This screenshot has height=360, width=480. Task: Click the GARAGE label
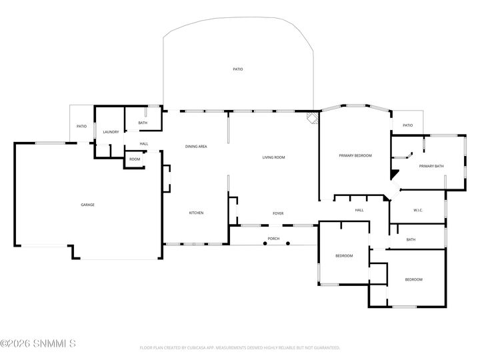87,205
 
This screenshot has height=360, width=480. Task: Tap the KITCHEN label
196,213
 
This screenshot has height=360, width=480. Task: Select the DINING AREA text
196,146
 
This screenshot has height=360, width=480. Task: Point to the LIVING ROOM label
273,157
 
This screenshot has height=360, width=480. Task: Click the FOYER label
278,213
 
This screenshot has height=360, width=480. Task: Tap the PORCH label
273,238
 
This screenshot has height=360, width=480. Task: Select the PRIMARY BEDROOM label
355,155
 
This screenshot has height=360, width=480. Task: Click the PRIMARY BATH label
431,165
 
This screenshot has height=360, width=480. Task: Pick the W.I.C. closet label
418,210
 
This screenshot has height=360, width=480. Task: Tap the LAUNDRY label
111,132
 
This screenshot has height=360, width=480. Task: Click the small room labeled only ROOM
135,159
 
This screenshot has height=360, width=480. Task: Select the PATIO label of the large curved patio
237,69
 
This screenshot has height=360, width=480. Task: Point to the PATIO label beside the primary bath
407,125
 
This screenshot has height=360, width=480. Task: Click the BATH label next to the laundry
143,123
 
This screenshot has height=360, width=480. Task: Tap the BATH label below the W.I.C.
411,240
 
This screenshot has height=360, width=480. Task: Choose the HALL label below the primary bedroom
359,210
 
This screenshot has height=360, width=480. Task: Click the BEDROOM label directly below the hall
344,256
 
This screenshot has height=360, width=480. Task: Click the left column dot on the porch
265,244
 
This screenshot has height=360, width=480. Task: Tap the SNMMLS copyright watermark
38,344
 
